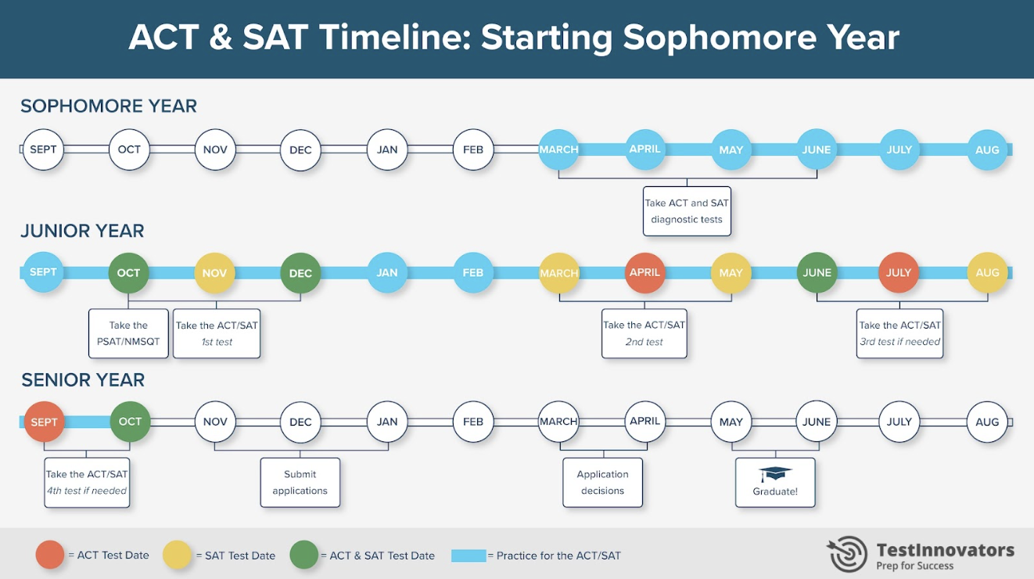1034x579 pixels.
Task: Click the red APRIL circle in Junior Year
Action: (x=644, y=273)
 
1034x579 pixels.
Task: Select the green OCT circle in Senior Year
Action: (x=130, y=422)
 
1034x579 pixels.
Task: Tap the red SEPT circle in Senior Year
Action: (x=44, y=422)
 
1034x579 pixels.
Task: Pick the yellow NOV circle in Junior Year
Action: (x=214, y=273)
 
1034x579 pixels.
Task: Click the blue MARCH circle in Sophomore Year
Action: (x=558, y=149)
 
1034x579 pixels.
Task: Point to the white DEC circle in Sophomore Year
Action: (x=300, y=149)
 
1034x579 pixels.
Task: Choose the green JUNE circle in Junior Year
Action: (x=817, y=273)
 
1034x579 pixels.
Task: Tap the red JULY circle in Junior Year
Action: (x=899, y=273)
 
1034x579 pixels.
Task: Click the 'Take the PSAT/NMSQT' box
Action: (x=128, y=333)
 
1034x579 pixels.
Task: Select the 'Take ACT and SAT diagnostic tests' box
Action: (x=686, y=211)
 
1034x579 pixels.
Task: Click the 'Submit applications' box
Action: (x=300, y=483)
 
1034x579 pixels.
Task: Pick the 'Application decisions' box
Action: (x=602, y=483)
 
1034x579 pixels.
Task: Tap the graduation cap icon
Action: (x=775, y=474)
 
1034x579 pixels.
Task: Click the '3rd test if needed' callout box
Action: (x=899, y=333)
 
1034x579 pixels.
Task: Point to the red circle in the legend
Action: (x=49, y=556)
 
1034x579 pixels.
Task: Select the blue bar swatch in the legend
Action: (x=469, y=556)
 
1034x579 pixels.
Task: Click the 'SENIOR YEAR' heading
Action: (x=83, y=380)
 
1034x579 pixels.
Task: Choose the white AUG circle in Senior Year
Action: (x=987, y=422)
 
